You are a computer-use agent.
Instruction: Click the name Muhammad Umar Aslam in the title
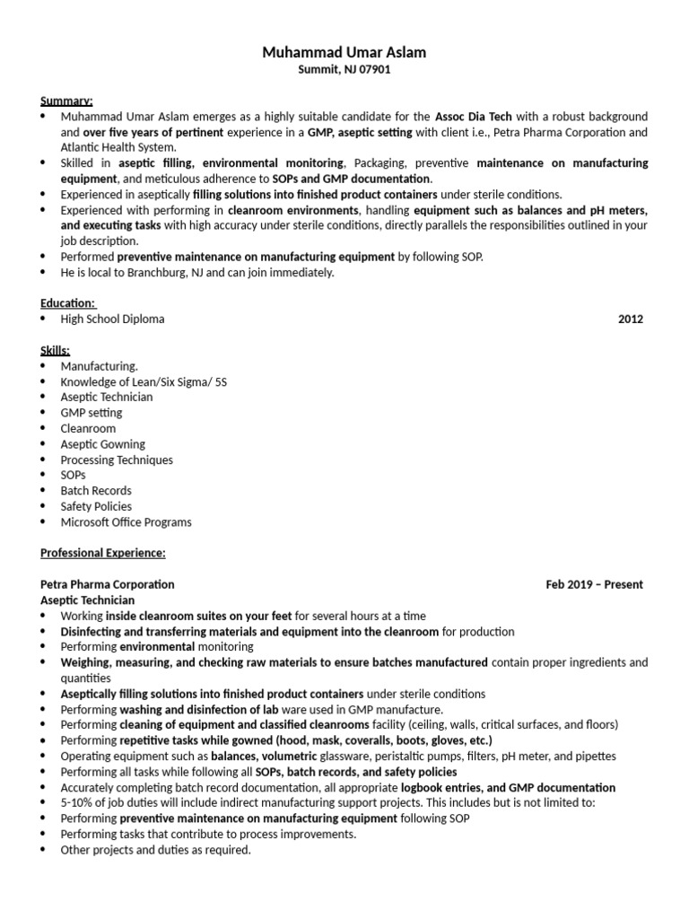coord(344,53)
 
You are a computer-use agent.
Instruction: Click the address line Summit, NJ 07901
coord(344,69)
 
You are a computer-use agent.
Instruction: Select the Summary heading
coord(67,101)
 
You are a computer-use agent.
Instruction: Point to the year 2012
coord(630,319)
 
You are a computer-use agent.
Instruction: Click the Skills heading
coord(56,350)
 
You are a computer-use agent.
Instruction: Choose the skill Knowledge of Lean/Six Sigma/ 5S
coord(144,381)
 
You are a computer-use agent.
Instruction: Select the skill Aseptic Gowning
coord(102,444)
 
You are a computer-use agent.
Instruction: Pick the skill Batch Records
coord(96,491)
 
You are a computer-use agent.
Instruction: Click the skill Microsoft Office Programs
coord(126,522)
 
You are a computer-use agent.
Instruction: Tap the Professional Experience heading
coord(103,553)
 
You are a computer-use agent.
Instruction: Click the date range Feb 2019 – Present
coord(594,584)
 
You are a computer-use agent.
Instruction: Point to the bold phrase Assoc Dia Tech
coord(474,117)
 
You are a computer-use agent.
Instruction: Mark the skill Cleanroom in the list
coord(88,428)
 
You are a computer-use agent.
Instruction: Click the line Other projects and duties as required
coord(155,850)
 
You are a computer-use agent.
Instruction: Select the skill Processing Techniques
coord(117,459)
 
